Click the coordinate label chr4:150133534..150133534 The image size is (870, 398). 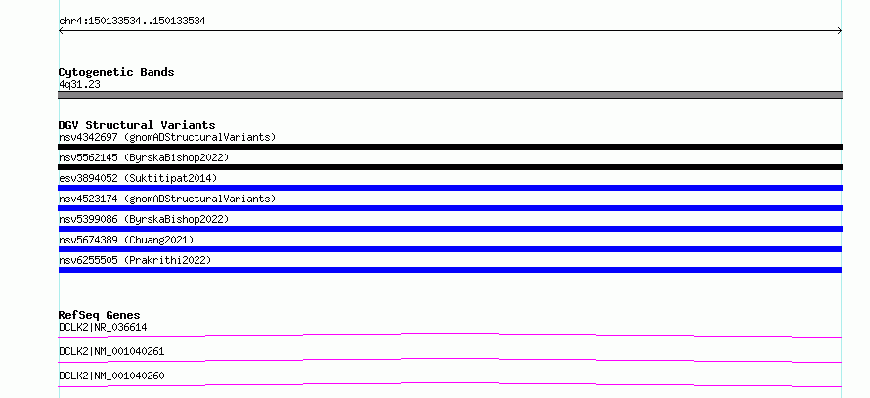(132, 22)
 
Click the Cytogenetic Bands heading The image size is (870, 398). (116, 72)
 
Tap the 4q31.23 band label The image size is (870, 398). (79, 85)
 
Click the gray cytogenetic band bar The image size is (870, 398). (450, 95)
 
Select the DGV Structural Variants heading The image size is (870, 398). (137, 125)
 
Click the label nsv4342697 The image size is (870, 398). (88, 137)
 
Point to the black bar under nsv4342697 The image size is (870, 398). (450, 147)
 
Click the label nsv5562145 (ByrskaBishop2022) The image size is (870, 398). (144, 157)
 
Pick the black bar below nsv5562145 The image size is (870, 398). (450, 167)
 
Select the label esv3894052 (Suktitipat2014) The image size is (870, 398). (138, 178)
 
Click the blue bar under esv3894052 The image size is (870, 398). (450, 188)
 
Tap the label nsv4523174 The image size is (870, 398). (88, 199)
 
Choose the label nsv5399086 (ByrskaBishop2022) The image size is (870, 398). (144, 219)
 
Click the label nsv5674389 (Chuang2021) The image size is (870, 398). (126, 240)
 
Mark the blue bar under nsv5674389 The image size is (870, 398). (450, 249)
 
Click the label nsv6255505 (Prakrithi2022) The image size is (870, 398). (135, 260)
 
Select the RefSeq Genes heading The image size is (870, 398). (100, 315)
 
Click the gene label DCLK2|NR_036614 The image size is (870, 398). (103, 327)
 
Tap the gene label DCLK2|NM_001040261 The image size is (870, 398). (111, 351)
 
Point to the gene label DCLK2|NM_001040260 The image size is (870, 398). (111, 376)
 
